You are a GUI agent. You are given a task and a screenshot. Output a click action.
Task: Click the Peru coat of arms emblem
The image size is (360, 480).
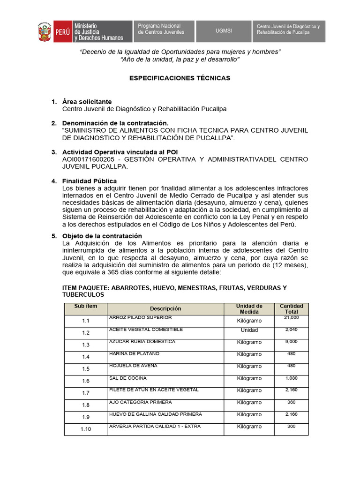coord(45,31)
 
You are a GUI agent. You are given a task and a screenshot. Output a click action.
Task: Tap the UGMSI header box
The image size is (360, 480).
coord(224,31)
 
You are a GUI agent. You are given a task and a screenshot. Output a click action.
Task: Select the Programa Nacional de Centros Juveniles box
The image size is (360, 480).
coord(164,31)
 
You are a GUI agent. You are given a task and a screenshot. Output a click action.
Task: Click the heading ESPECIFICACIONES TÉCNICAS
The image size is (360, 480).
coord(180,78)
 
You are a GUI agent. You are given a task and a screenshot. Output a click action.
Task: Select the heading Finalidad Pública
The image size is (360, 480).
coord(90,181)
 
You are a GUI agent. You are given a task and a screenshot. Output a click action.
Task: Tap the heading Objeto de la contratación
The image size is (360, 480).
coord(102,236)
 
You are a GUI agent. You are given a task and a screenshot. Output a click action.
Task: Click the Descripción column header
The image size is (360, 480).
coord(165,309)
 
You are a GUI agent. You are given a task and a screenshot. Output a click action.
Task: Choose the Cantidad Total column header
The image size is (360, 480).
coord(291,309)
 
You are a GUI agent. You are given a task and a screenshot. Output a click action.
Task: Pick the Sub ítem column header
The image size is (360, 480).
coord(86,306)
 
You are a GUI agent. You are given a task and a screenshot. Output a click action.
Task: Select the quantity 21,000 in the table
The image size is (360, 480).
coord(291,318)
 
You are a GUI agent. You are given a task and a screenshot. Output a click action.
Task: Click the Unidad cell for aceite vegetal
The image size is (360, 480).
coord(249,330)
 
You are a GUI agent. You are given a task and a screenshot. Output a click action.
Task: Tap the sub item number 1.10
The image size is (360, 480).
coord(86,429)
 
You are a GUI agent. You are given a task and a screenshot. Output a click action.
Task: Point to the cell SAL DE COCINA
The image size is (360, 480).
coord(127,378)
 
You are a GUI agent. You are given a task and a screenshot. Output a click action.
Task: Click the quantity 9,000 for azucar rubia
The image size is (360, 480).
coord(291,342)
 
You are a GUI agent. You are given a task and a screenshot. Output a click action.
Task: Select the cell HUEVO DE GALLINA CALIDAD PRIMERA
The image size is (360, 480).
coord(155,414)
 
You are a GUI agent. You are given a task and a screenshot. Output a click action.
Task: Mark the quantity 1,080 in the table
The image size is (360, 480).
coord(291,378)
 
